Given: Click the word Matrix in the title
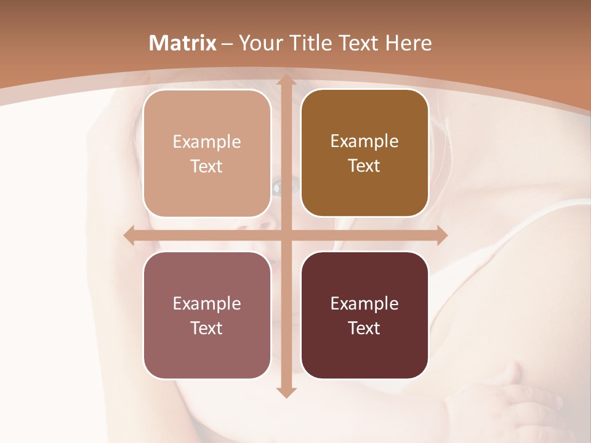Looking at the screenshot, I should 183,43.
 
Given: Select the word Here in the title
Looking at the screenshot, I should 409,43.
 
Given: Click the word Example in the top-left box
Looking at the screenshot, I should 207,142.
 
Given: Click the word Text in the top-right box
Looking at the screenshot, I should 364,166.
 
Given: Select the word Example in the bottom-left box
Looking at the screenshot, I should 207,303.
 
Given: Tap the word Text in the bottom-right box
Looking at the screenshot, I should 364,328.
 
